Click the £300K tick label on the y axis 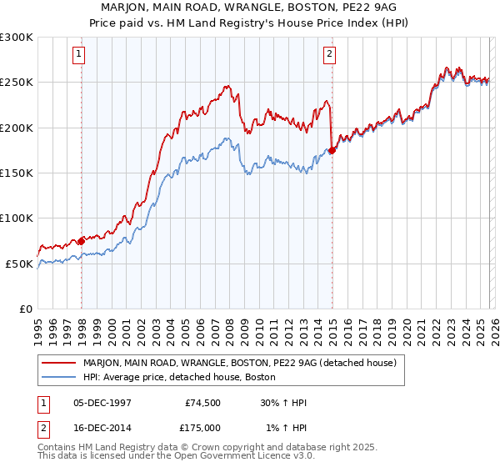pos(17,38)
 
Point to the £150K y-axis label pos(17,173)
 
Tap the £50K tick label pos(19,264)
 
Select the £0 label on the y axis pos(27,309)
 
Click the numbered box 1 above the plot pos(78,55)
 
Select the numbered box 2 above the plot pos(329,55)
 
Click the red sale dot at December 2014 pos(332,150)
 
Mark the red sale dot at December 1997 pos(82,241)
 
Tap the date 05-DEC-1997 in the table pos(102,402)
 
